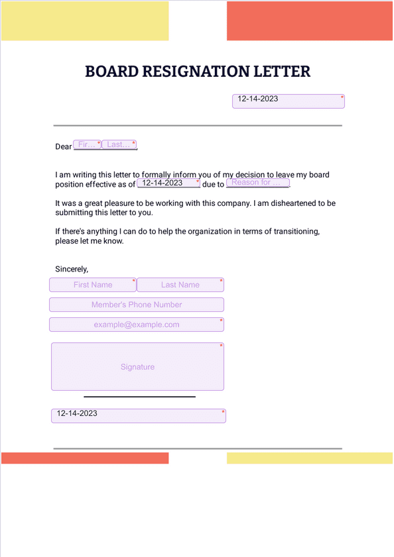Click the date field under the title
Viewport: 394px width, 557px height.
(288, 101)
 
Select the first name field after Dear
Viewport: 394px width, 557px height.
(87, 145)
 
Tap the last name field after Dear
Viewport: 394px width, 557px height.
(119, 145)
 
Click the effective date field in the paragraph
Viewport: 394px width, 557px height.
(168, 183)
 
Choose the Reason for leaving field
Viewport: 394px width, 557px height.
(258, 183)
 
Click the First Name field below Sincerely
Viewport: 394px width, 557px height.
(93, 285)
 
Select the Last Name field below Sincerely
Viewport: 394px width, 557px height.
(180, 285)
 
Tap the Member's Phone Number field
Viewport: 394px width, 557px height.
(137, 305)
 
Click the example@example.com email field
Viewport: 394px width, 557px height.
(137, 325)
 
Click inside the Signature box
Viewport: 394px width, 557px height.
(137, 367)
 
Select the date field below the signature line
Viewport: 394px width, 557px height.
(138, 415)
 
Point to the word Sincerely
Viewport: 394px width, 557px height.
(72, 269)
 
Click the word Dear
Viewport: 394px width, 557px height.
(63, 147)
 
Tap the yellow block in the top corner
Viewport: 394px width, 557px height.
(85, 21)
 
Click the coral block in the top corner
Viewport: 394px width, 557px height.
(309, 21)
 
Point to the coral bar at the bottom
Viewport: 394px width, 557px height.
(85, 458)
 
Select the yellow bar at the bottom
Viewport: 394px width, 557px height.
(309, 458)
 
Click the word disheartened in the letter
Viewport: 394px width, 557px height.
(293, 203)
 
